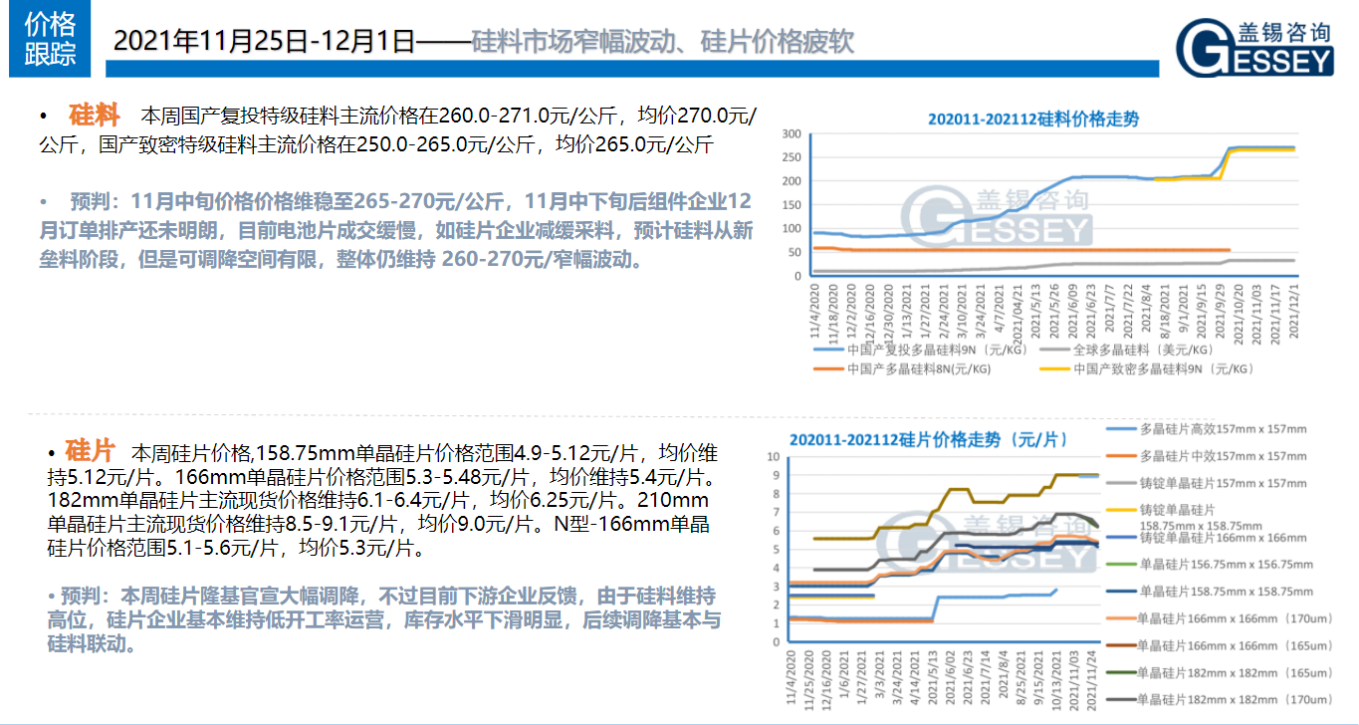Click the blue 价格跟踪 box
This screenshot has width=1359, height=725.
[x=51, y=40]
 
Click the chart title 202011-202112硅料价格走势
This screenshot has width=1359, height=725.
[x=1033, y=119]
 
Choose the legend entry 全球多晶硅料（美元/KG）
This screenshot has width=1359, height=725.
[x=1130, y=351]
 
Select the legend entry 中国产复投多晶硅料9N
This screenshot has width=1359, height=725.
[x=927, y=351]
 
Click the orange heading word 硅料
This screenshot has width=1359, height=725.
[x=95, y=115]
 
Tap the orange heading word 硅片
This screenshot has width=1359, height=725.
[x=90, y=450]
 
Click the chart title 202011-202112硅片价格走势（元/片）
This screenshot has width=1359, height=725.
[x=928, y=439]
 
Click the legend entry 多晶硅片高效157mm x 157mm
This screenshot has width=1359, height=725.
[x=1223, y=429]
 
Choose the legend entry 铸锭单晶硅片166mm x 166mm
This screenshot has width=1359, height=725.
[x=1223, y=537]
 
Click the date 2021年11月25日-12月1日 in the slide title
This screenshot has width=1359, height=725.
[x=263, y=41]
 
